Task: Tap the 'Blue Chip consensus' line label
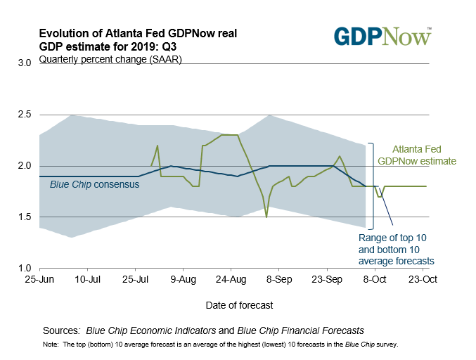pos(94,185)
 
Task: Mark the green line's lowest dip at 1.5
pos(266,217)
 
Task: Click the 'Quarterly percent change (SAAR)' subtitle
pos(111,59)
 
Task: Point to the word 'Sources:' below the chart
pos(60,330)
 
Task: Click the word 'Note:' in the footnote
pos(51,345)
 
